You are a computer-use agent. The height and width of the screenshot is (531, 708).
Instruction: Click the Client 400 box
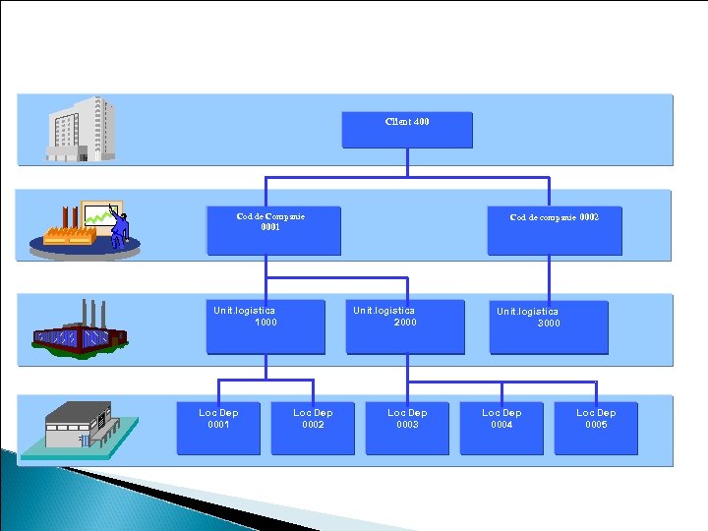click(407, 130)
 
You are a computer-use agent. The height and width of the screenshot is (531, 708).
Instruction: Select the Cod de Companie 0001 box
click(273, 230)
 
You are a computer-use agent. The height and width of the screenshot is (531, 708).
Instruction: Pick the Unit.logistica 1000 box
click(265, 326)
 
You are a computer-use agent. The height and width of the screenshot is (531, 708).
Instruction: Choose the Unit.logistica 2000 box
click(404, 326)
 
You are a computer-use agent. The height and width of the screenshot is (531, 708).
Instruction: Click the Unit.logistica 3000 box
click(549, 326)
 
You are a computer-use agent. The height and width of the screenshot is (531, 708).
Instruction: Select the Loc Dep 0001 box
click(218, 428)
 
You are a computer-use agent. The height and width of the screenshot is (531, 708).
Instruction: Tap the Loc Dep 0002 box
click(313, 428)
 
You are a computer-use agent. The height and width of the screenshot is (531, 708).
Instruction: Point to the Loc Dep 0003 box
click(407, 428)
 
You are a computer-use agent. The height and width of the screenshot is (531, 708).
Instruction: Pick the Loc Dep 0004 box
click(501, 428)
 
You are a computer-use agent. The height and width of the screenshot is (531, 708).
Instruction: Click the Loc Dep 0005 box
click(596, 428)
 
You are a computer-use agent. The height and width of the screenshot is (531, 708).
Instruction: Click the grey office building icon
click(82, 129)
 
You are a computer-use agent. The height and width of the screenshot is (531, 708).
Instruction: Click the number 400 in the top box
click(421, 122)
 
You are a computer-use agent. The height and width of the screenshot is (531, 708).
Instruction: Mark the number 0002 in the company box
click(588, 216)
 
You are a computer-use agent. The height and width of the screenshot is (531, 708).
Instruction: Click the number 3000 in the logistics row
click(549, 323)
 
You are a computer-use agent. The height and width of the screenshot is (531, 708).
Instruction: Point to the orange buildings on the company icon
click(69, 235)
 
